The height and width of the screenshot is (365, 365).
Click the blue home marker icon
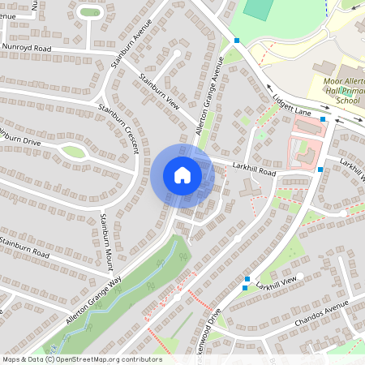point(182,175)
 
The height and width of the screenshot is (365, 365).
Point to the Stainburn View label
point(159,92)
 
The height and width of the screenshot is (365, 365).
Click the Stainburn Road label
point(24,248)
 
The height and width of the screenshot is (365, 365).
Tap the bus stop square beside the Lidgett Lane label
point(324,119)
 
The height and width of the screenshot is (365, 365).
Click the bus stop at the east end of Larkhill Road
point(320,170)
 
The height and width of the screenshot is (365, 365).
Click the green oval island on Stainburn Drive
point(73,151)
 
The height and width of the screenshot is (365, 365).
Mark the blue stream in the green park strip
point(130,292)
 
